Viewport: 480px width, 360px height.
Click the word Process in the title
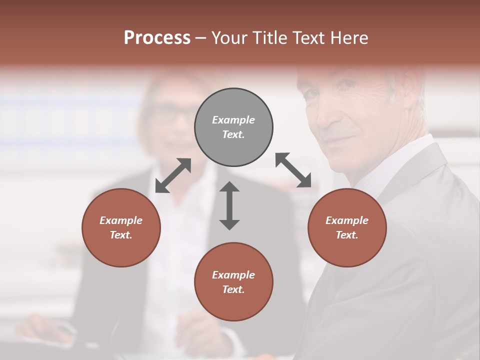157,38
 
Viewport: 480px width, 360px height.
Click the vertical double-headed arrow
229,205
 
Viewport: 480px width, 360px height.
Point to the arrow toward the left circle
173,175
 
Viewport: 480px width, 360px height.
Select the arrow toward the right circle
293,170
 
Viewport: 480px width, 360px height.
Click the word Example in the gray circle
233,120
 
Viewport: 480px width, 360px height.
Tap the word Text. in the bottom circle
233,289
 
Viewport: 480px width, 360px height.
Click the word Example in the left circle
121,220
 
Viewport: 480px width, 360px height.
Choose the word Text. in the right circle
347,235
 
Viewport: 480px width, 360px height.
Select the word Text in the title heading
307,38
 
